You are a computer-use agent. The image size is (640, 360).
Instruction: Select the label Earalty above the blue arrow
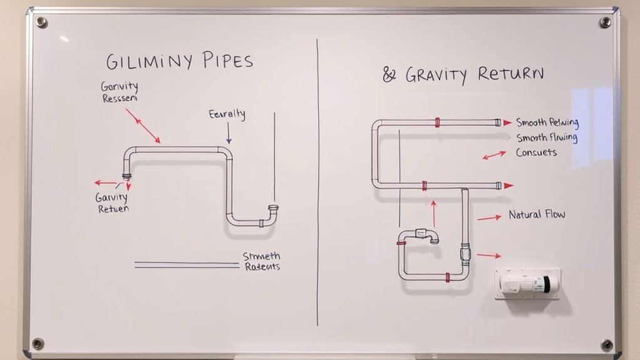tap(227, 115)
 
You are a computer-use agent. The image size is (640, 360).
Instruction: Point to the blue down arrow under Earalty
tap(229, 133)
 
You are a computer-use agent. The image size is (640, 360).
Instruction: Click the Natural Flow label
tap(537, 215)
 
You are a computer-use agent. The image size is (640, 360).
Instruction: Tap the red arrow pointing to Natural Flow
tap(489, 217)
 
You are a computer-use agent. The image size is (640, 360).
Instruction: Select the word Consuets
tap(536, 152)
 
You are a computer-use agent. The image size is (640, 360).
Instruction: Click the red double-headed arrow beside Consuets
tap(494, 155)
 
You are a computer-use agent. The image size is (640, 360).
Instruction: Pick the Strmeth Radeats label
tap(261, 261)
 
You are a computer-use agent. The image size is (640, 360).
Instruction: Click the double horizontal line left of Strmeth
tap(187, 265)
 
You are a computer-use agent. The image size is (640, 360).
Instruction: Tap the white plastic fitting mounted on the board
tap(527, 284)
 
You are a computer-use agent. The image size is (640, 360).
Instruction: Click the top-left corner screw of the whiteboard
tap(41, 23)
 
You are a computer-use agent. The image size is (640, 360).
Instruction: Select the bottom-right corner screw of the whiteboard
tap(606, 344)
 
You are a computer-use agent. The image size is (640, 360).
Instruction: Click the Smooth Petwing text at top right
tap(547, 123)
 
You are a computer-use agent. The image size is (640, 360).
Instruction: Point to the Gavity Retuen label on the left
tap(113, 203)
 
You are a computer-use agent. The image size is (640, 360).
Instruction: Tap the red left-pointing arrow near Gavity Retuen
tap(105, 183)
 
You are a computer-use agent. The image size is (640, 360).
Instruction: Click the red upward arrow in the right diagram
tap(432, 212)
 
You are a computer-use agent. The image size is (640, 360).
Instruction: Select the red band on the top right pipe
tap(436, 123)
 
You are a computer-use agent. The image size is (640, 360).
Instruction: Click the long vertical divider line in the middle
tap(317, 182)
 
